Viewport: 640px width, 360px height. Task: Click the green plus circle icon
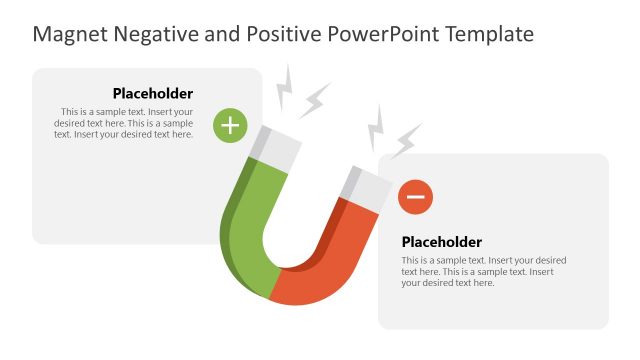[231, 125]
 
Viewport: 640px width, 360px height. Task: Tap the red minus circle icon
[415, 197]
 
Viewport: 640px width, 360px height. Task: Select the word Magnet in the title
[67, 35]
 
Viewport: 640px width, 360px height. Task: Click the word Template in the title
[489, 35]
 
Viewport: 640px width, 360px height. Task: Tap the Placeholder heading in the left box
[152, 94]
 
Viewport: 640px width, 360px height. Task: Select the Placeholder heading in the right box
[441, 242]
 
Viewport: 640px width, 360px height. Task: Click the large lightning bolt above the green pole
[314, 99]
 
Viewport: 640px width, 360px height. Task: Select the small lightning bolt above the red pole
[377, 125]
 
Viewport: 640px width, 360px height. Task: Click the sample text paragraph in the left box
[124, 123]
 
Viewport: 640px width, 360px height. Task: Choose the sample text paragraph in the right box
[483, 271]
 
